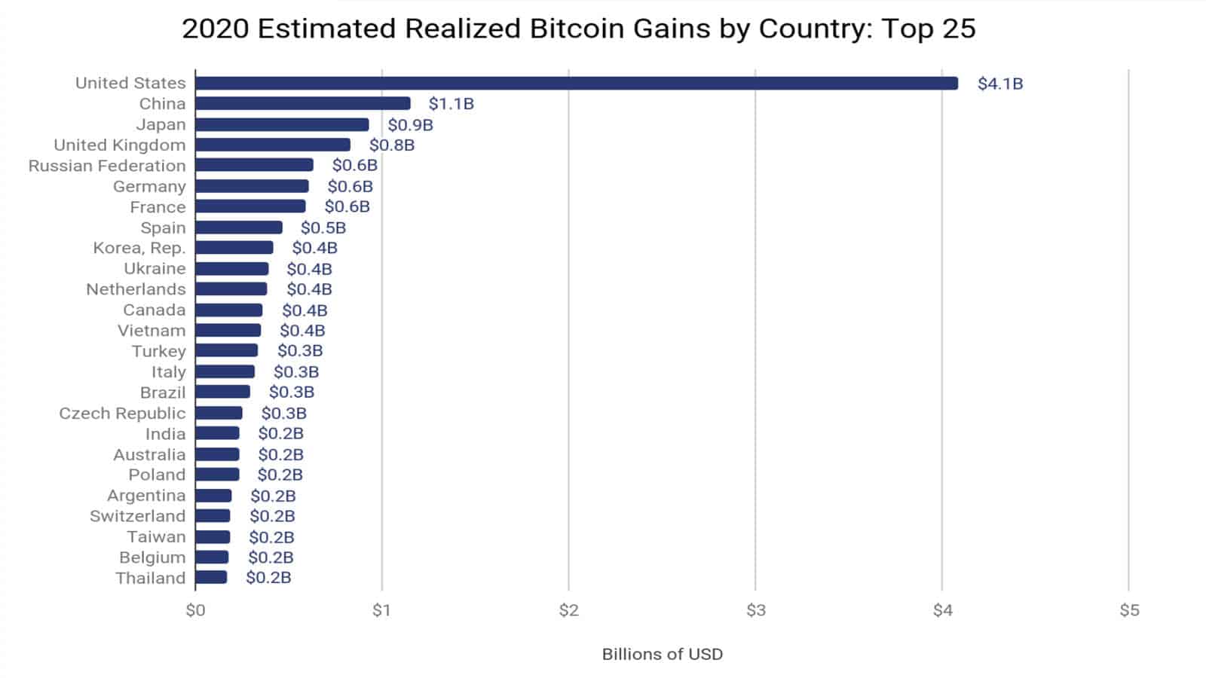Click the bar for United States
click(x=577, y=83)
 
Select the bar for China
click(x=303, y=103)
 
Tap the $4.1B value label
click(x=999, y=84)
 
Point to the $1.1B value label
click(x=451, y=104)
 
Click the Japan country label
click(x=161, y=124)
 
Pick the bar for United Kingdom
click(x=273, y=145)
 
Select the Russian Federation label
click(x=107, y=166)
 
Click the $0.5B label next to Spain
click(x=323, y=228)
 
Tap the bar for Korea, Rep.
click(x=234, y=248)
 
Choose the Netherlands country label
click(x=136, y=289)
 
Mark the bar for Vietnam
click(x=228, y=330)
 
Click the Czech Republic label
click(x=122, y=413)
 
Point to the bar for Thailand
click(x=211, y=578)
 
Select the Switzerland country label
click(x=137, y=516)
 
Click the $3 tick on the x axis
click(x=755, y=610)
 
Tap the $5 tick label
click(x=1128, y=610)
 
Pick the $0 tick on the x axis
click(x=195, y=610)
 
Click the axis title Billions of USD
click(x=662, y=654)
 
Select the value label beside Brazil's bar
click(x=291, y=392)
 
